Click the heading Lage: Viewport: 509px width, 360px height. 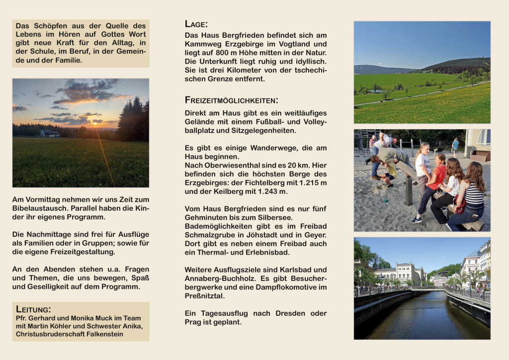coord(196,24)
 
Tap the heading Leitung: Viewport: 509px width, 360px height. coord(33,309)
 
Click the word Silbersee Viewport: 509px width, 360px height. coord(276,218)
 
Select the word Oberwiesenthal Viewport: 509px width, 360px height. coord(228,165)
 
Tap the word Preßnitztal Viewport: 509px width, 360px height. coord(205,296)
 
